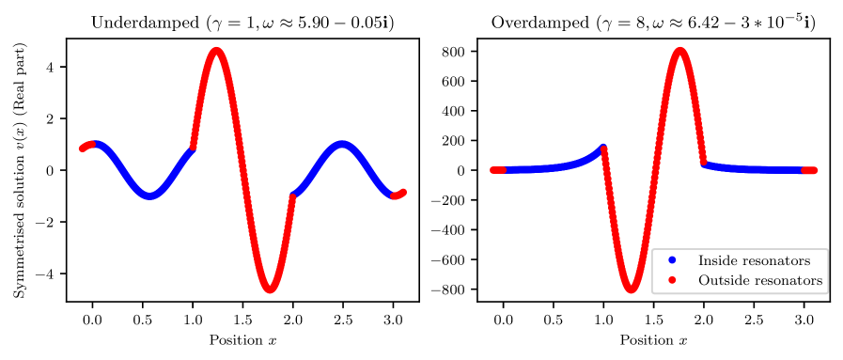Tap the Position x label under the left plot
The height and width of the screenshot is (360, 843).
pos(243,339)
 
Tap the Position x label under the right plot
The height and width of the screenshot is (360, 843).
pos(654,339)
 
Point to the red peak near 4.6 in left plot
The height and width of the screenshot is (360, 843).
pos(217,51)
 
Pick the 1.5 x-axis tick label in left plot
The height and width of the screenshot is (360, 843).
pos(243,320)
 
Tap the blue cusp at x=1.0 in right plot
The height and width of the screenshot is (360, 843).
pos(602,148)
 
